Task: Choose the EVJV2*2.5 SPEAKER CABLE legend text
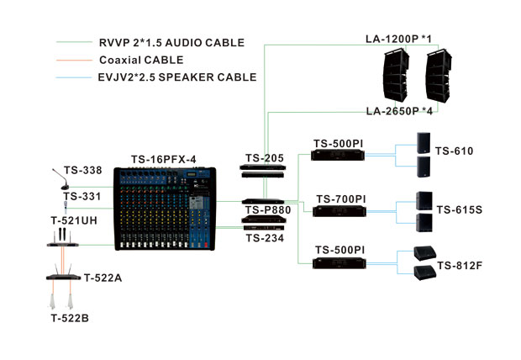(x=177, y=77)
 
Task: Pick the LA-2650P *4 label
(x=400, y=111)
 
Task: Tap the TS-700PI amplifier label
(x=340, y=199)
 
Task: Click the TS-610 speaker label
(x=454, y=151)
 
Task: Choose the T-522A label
(x=103, y=278)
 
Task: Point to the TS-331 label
(x=82, y=197)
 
